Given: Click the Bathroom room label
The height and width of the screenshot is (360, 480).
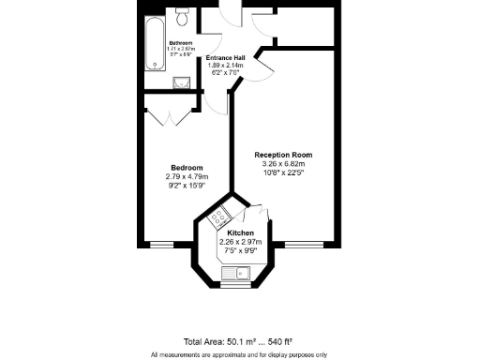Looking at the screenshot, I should click(181, 43).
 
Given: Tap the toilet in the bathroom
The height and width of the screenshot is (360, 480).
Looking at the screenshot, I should click(184, 16).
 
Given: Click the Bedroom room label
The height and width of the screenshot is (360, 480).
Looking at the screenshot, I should click(187, 168).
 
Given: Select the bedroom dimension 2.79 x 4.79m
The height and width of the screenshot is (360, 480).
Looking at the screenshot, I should click(187, 176).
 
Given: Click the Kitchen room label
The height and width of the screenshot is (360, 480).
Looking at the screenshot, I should click(241, 232).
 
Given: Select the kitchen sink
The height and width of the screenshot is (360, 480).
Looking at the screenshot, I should click(233, 274).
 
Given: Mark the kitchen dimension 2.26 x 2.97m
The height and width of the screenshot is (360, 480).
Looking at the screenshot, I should click(241, 242).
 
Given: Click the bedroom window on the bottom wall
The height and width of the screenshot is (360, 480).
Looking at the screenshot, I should click(162, 246).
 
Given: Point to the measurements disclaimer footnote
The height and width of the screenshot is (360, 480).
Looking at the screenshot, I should click(239, 354).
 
